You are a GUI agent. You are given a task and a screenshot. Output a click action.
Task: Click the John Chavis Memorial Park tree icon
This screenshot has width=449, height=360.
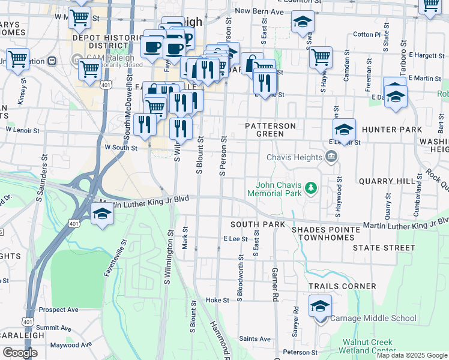tap(311, 188)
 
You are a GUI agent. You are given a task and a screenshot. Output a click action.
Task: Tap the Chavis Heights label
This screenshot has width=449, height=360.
tap(294, 157)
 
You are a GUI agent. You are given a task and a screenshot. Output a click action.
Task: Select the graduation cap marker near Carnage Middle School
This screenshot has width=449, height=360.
tap(320, 306)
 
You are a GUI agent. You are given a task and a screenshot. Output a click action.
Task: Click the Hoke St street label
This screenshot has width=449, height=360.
tap(217, 300)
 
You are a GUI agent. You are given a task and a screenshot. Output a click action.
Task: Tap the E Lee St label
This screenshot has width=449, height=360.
tap(235, 239)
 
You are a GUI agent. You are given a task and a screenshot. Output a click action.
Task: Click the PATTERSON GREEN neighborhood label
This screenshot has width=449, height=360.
tap(271, 130)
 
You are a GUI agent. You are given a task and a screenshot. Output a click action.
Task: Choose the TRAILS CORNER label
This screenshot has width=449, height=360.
tap(342, 286)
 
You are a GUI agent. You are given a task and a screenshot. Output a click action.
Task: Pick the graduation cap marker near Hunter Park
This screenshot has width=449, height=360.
tap(345, 130)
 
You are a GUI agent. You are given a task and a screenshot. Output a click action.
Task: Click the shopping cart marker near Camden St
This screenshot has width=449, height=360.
tap(321, 58)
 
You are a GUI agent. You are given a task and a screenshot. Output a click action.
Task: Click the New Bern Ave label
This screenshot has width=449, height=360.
tap(259, 11)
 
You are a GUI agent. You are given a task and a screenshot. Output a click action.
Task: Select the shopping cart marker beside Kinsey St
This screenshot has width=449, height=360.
tap(17, 59)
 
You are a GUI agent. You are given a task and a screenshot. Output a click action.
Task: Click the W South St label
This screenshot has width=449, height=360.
tap(121, 147)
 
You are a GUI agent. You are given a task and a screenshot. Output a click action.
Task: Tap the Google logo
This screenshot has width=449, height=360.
tap(20, 353)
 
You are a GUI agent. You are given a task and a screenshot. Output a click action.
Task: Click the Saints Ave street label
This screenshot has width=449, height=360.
tap(255, 339)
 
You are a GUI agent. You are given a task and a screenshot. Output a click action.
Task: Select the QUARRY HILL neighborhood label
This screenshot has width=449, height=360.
tap(384, 181)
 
